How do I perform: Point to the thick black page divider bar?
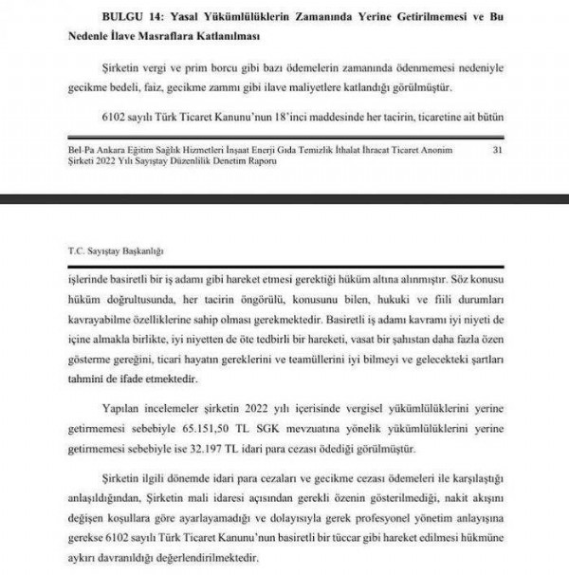click(284, 200)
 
